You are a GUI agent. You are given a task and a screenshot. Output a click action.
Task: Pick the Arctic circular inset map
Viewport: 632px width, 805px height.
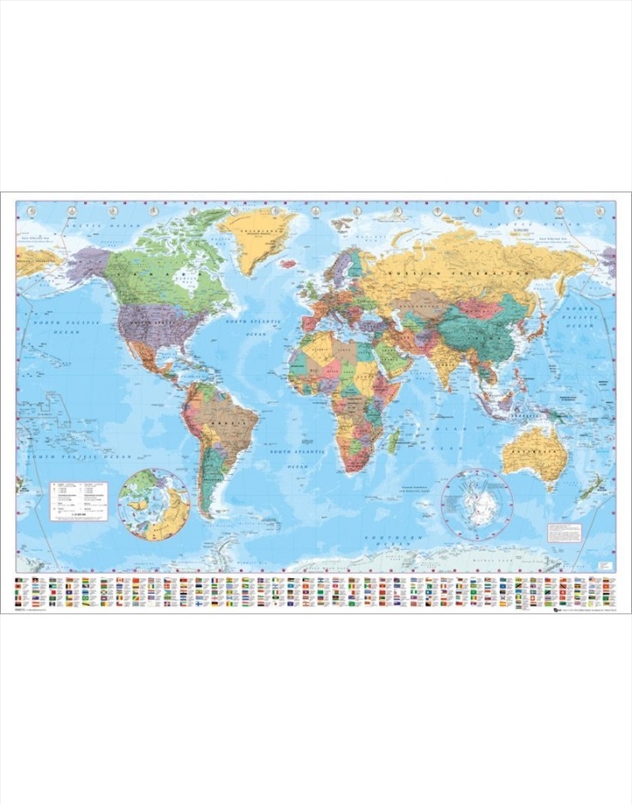point(154,505)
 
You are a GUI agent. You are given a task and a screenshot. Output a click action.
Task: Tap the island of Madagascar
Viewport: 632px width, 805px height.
point(391,440)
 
